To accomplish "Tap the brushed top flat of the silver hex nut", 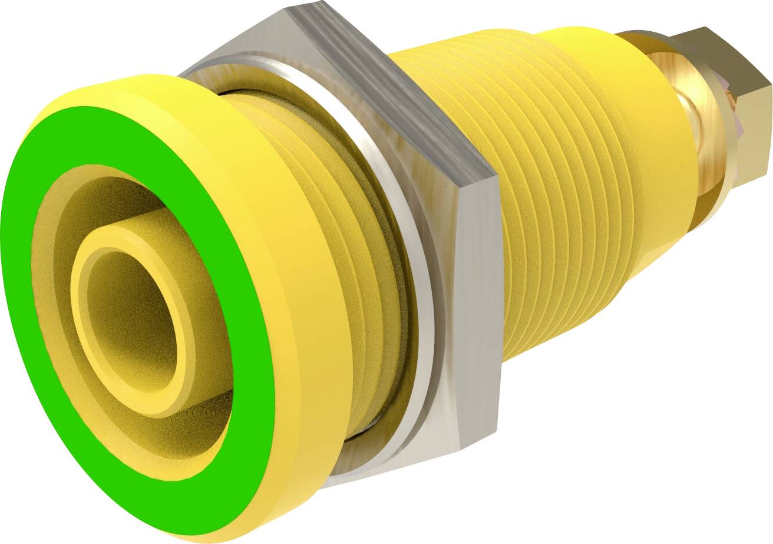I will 377,83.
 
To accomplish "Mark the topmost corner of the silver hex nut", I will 289,8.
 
